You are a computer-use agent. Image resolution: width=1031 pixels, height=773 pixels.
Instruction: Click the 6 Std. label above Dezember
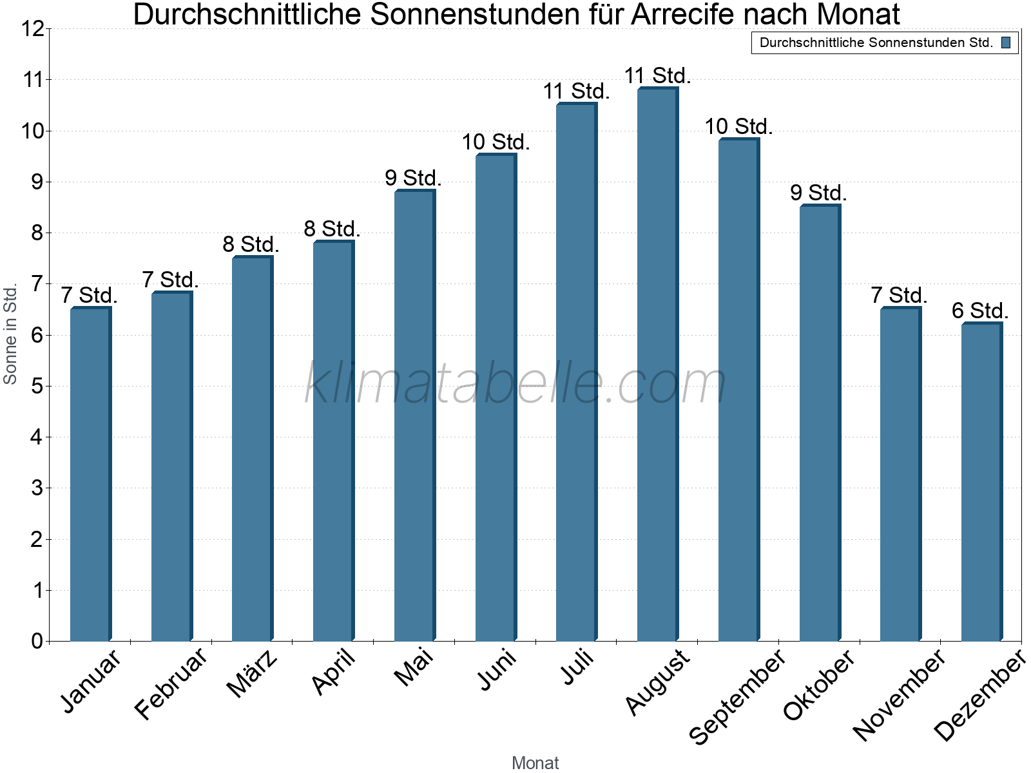980,311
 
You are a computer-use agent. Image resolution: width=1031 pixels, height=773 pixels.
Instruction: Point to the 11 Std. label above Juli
576,91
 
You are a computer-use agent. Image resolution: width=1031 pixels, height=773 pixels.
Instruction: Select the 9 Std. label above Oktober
818,193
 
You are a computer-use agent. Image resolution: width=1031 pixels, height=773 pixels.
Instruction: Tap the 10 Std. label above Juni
496,142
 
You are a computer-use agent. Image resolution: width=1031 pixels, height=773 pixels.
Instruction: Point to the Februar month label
171,683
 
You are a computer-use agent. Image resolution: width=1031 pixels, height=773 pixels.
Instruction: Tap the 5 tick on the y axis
37,386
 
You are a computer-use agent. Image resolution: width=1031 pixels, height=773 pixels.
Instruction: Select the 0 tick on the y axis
37,641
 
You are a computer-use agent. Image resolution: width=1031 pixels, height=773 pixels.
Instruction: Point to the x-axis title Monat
535,763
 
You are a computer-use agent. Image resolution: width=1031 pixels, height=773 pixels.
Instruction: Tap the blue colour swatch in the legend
1005,43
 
